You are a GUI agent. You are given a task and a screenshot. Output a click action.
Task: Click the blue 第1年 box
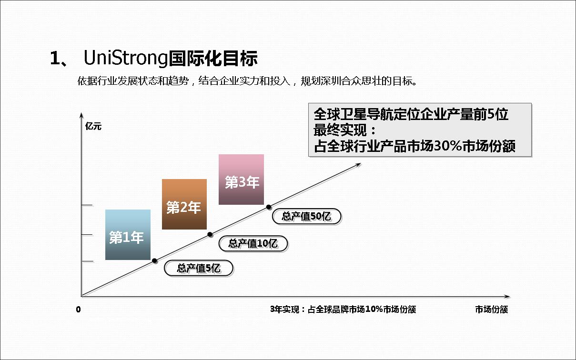click(128, 235)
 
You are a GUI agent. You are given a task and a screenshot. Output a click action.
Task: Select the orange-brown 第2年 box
click(184, 204)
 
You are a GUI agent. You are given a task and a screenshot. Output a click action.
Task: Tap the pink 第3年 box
click(241, 180)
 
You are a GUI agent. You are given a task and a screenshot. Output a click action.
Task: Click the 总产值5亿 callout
click(199, 268)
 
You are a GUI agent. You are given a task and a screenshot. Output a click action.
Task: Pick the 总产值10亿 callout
click(253, 243)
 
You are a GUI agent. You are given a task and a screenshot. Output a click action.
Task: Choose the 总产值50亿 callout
click(306, 216)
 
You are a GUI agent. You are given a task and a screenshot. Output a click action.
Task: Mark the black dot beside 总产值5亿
click(154, 261)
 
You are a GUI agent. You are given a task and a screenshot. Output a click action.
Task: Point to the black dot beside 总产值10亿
click(210, 234)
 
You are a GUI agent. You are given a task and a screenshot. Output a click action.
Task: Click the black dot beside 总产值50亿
click(269, 207)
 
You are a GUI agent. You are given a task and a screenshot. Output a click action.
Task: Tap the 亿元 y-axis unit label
click(93, 126)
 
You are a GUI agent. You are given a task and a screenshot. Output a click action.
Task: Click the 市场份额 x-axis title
click(491, 310)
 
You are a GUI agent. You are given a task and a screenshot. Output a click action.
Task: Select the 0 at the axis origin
click(79, 310)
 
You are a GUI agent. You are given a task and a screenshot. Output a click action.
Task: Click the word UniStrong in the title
click(126, 58)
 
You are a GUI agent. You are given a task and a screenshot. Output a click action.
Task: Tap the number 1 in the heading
click(55, 58)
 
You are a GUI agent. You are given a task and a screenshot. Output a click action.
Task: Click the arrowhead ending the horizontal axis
click(507, 297)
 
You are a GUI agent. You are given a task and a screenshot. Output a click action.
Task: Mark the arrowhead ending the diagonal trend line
click(358, 165)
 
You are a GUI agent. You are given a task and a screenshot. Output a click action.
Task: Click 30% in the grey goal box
click(448, 146)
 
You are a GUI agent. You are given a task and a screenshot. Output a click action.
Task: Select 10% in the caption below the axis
click(374, 309)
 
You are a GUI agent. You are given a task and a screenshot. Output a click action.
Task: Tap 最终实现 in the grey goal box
click(340, 130)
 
